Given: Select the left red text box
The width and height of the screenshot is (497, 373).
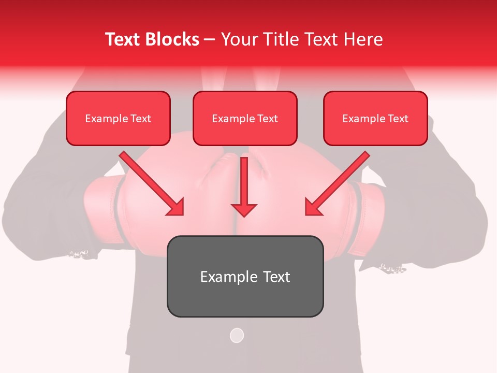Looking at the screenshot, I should (x=118, y=118).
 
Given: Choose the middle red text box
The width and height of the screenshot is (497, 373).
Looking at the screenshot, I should (x=245, y=118).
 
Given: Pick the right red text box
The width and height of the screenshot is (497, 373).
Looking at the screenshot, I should (x=375, y=118).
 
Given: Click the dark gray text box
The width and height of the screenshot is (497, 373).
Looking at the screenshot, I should (x=245, y=276).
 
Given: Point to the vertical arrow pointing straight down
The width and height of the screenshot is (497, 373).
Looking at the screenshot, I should (x=244, y=187).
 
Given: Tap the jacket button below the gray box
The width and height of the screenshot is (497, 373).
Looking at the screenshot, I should (x=237, y=335).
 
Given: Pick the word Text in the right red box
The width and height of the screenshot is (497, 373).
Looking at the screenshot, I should (x=398, y=119).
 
